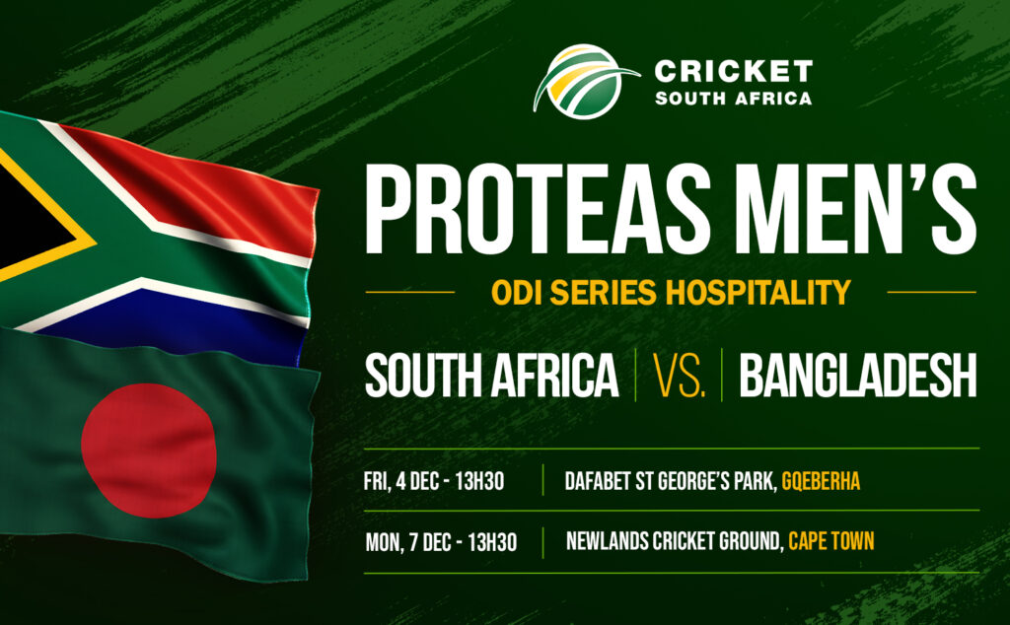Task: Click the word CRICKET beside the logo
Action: (x=734, y=71)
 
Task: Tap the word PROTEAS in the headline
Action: (x=539, y=209)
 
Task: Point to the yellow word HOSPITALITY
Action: (x=758, y=292)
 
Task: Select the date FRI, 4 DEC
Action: (x=403, y=481)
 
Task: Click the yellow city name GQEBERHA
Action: (x=821, y=481)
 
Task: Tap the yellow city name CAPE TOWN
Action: (x=830, y=541)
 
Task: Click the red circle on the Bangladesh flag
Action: (x=149, y=451)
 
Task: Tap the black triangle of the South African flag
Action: (x=29, y=209)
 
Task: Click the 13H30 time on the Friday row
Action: (x=479, y=481)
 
